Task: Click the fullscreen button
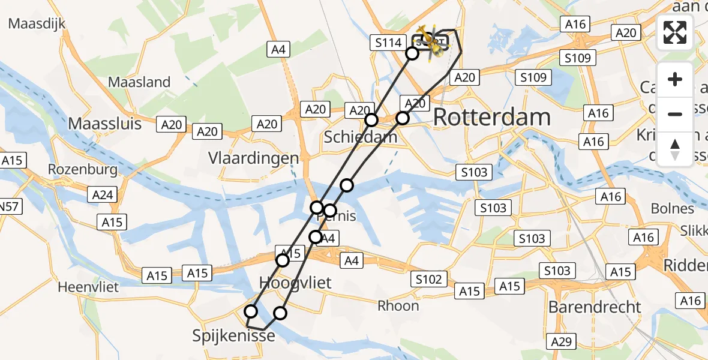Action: pyautogui.click(x=675, y=32)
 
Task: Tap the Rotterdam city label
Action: pyautogui.click(x=491, y=117)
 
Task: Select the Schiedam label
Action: pyautogui.click(x=360, y=137)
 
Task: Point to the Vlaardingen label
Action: pyautogui.click(x=253, y=158)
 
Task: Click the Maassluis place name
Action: pyautogui.click(x=105, y=124)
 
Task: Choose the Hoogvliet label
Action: pyautogui.click(x=295, y=283)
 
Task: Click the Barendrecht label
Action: pyautogui.click(x=595, y=307)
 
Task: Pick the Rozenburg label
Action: pyautogui.click(x=83, y=170)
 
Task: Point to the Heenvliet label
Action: pyautogui.click(x=86, y=287)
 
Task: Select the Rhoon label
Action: pyautogui.click(x=398, y=306)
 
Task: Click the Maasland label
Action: pyautogui.click(x=139, y=82)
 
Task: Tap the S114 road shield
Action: pyautogui.click(x=387, y=42)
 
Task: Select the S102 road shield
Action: pyautogui.click(x=428, y=279)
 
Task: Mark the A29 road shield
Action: pyautogui.click(x=562, y=342)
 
